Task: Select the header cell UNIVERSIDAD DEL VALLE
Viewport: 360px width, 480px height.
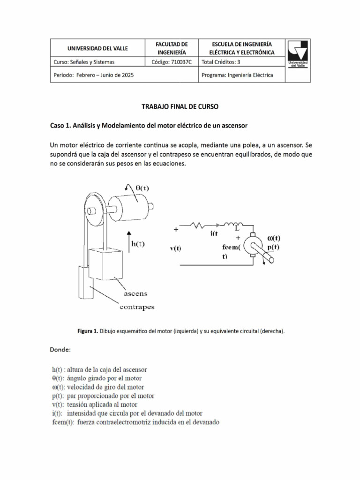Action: (x=97, y=48)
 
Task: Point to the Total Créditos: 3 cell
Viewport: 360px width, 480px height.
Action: (x=223, y=62)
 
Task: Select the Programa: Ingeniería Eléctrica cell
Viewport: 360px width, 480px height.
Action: (x=237, y=75)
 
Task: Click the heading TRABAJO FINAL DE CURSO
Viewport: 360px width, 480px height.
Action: (x=180, y=107)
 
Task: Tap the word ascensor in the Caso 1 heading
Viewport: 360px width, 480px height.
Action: (x=232, y=126)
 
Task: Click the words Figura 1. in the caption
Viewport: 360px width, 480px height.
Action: (x=88, y=331)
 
